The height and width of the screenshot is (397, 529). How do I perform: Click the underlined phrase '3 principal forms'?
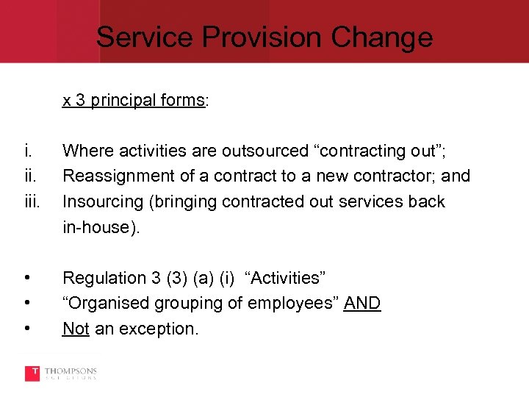pos(140,100)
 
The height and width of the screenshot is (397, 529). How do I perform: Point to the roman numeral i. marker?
pos(28,151)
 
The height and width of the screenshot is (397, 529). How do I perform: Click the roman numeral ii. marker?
pos(29,176)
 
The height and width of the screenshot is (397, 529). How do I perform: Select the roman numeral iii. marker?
pos(31,201)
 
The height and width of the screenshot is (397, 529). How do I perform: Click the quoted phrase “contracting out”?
pos(381,151)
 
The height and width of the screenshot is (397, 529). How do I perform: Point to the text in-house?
pos(96,227)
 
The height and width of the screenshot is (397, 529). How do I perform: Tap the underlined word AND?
pos(361,303)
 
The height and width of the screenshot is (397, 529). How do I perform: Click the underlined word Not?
pos(76,329)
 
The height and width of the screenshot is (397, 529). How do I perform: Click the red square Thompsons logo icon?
pos(32,373)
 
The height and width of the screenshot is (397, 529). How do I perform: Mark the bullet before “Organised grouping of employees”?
pos(27,303)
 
